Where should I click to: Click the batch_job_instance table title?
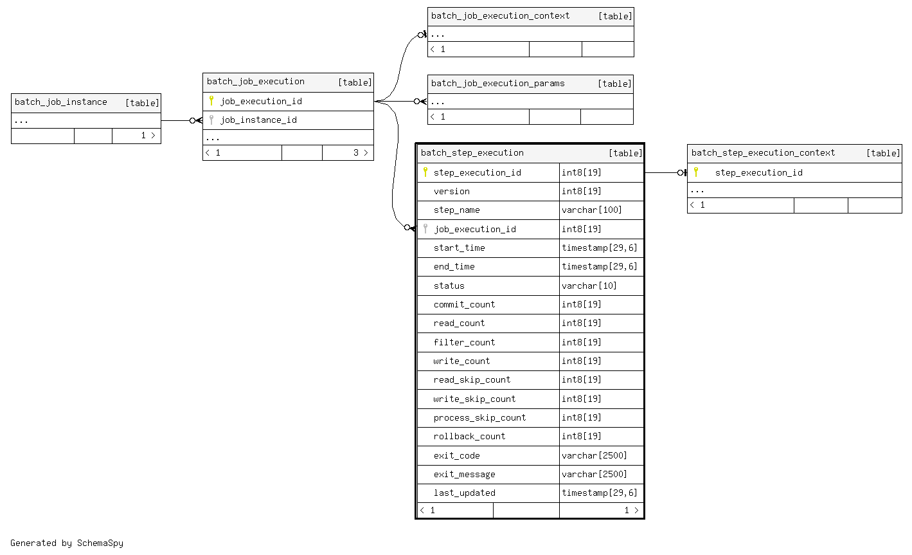point(61,102)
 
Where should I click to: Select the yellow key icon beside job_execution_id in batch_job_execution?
point(211,101)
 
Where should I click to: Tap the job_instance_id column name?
point(258,120)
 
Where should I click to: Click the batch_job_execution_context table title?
point(500,16)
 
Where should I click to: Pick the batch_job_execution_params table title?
point(497,84)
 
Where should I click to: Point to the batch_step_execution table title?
point(472,153)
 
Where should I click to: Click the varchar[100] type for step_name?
point(591,210)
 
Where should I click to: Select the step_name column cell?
point(456,210)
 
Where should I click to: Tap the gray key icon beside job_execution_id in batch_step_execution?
point(425,229)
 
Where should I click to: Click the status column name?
point(449,286)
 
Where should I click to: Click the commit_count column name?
point(464,305)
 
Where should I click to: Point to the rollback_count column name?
point(469,437)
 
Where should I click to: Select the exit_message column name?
point(464,475)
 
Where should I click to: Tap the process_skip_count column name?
point(479,418)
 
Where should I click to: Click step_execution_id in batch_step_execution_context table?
point(758,173)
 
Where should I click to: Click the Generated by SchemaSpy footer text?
point(67,543)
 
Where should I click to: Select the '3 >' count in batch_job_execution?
point(360,153)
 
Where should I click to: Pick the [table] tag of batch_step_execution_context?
point(882,153)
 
